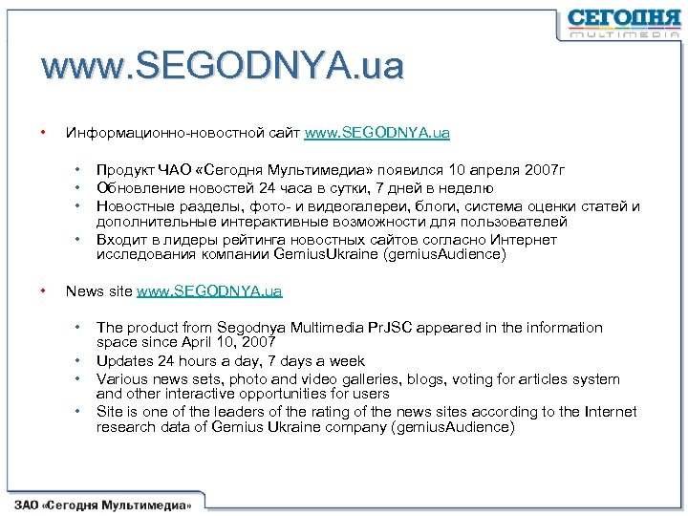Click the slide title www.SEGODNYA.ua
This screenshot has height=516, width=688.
(x=223, y=66)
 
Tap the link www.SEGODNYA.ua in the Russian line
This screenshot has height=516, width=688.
(x=376, y=132)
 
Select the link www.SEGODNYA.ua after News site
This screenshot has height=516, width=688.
(x=209, y=290)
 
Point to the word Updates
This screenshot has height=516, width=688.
(x=123, y=361)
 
